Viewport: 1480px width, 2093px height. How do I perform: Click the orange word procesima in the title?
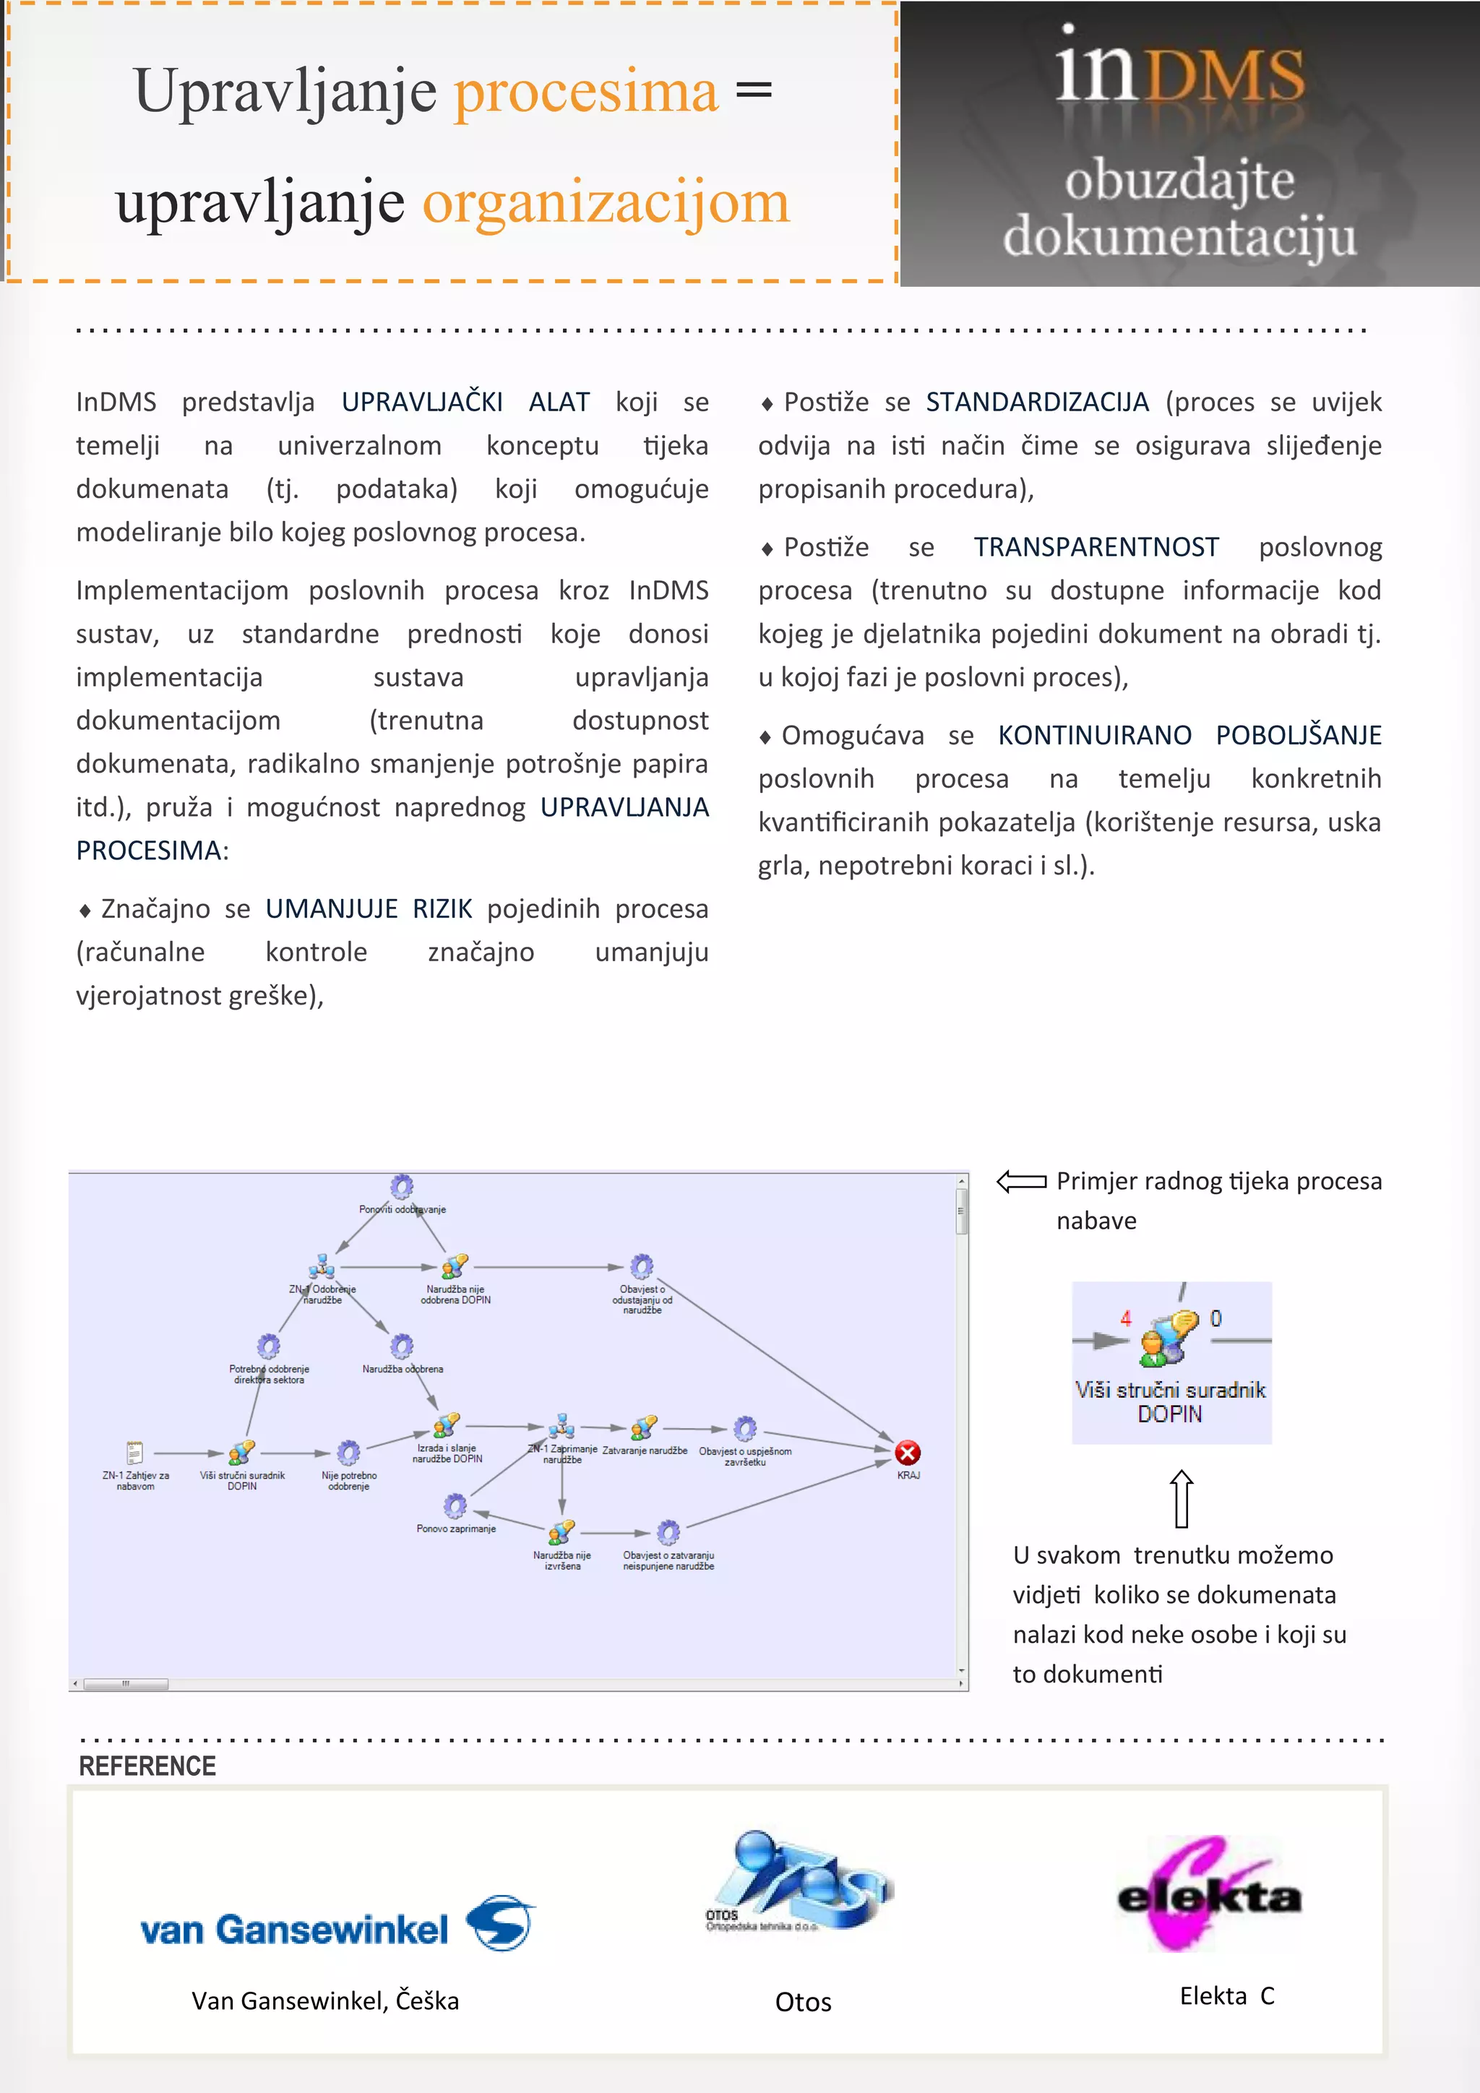click(x=586, y=92)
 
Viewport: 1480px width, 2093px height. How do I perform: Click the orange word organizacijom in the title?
click(x=605, y=202)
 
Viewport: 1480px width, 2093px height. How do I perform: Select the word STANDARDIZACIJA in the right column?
click(x=1037, y=402)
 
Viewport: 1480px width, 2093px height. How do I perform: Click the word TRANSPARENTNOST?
click(x=1096, y=547)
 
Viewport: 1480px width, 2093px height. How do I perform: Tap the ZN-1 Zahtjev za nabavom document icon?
click(x=135, y=1452)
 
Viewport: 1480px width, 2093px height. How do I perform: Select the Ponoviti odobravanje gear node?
click(x=402, y=1187)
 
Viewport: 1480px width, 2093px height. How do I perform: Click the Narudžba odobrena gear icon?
click(x=402, y=1346)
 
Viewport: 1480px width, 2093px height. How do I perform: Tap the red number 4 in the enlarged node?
click(x=1125, y=1318)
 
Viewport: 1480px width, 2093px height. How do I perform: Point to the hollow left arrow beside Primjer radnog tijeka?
click(x=1020, y=1182)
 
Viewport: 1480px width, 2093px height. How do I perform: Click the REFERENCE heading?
click(x=147, y=1766)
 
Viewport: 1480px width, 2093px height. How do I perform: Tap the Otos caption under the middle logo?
click(x=802, y=2002)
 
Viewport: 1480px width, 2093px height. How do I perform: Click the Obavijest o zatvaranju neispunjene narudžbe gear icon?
click(x=668, y=1532)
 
